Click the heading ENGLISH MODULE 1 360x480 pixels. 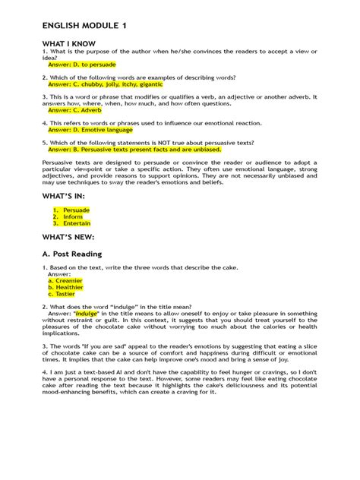pos(84,26)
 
